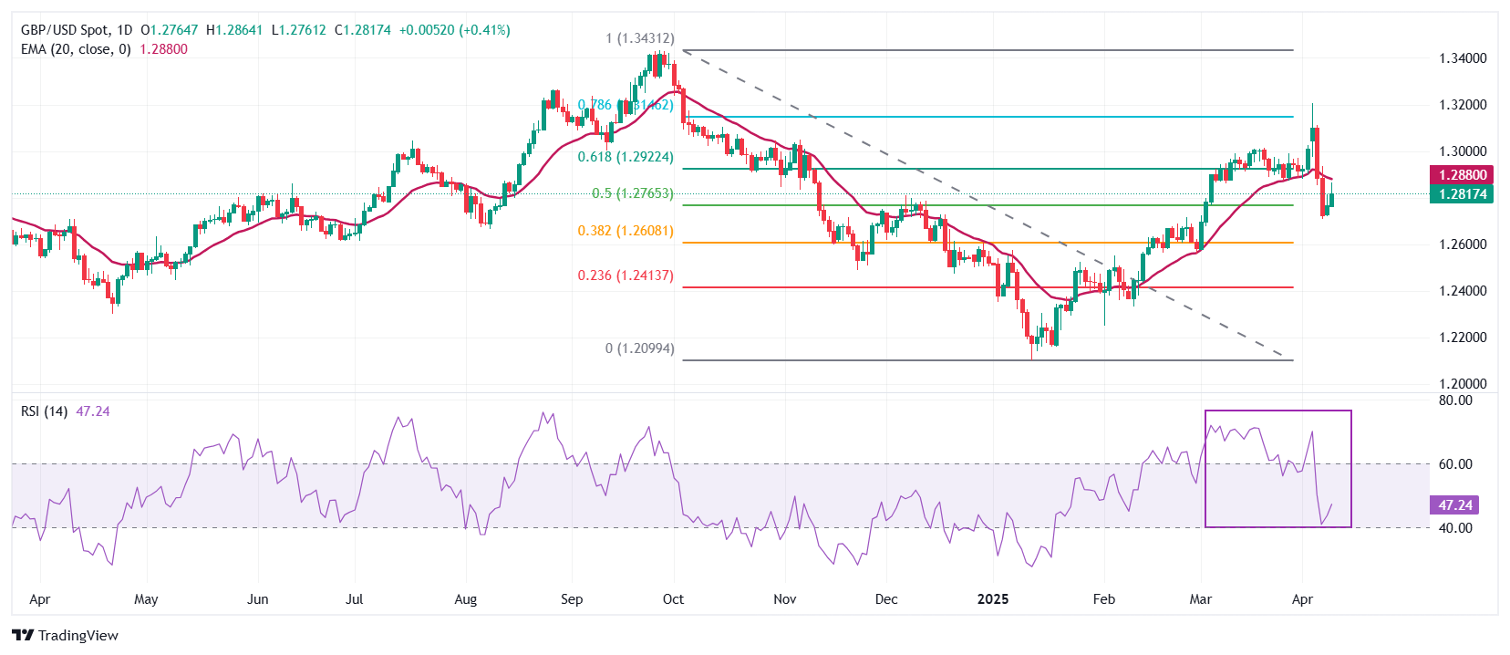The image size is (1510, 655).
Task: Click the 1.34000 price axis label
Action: pos(1463,58)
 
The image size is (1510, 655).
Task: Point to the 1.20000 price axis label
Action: pos(1463,384)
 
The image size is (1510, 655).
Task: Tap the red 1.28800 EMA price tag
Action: pos(1463,175)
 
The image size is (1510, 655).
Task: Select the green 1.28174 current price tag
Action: pos(1463,194)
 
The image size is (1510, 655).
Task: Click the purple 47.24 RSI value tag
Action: pos(1455,505)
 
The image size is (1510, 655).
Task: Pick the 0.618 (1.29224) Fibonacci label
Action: pos(626,157)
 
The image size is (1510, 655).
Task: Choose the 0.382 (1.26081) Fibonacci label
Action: pos(626,231)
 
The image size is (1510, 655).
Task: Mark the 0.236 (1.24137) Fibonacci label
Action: pos(626,276)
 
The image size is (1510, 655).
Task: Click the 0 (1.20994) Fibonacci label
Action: pos(640,348)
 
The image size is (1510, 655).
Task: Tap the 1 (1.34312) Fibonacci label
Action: pos(640,38)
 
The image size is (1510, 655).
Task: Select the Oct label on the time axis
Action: pos(673,599)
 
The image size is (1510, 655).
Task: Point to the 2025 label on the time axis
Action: pos(993,599)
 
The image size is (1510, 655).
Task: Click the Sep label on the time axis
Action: pos(572,599)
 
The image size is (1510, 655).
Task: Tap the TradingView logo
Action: pos(66,636)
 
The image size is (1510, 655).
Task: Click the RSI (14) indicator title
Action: pos(44,411)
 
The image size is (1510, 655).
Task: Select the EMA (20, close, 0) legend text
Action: pos(76,49)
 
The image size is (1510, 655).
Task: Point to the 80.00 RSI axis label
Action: pos(1455,400)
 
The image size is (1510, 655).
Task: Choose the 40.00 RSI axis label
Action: pos(1455,528)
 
